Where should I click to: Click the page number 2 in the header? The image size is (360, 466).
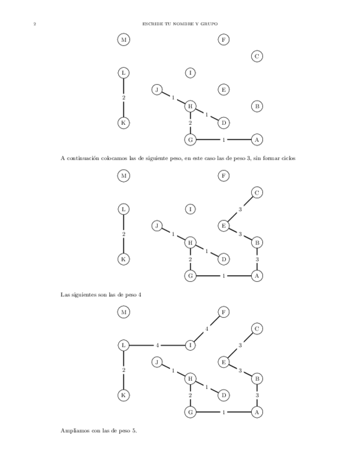[x=35, y=24]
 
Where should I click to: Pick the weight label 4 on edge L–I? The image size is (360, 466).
[x=157, y=346]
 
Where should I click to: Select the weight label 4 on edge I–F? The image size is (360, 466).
[x=207, y=329]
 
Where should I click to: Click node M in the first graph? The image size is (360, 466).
[x=124, y=40]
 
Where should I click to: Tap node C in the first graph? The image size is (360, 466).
[x=257, y=56]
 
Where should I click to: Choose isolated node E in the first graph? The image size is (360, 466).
[x=223, y=90]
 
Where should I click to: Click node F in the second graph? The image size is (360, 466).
[x=223, y=176]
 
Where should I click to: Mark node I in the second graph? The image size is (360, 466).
[x=190, y=209]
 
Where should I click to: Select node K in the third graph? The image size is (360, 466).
[x=124, y=395]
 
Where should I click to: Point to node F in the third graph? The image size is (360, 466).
[x=223, y=312]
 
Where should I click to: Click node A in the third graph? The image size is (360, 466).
[x=257, y=412]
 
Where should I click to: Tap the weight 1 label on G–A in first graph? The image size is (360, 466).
[x=224, y=140]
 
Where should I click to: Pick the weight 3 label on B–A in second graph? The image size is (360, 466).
[x=257, y=259]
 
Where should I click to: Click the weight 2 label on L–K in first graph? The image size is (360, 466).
[x=124, y=98]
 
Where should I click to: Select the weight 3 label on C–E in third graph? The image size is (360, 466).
[x=240, y=345]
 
